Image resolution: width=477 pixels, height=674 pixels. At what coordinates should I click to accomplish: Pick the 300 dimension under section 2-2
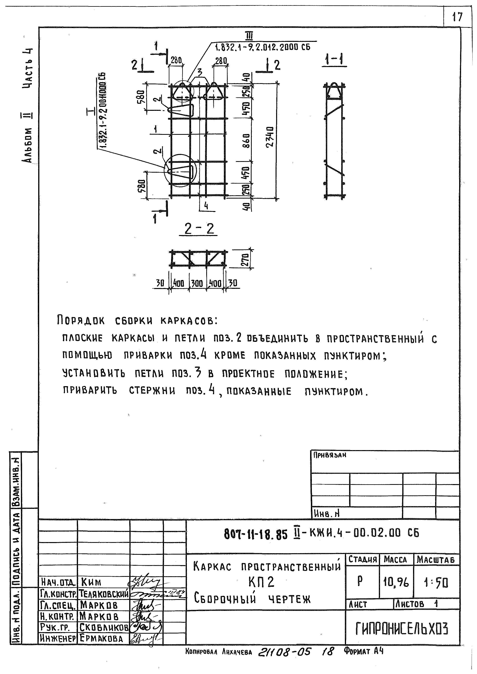point(197,283)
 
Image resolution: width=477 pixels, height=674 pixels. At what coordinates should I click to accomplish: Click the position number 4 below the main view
point(206,206)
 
